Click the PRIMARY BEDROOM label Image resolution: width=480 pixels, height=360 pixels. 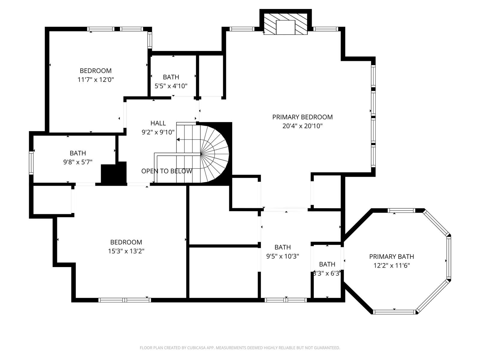302,117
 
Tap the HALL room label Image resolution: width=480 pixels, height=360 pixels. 158,123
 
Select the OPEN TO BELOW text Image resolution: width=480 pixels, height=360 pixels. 166,171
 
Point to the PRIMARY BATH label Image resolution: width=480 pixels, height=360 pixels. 391,256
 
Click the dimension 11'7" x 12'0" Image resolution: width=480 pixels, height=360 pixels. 96,79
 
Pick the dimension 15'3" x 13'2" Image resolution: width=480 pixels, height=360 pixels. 126,251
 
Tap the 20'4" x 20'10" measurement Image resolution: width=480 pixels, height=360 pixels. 302,126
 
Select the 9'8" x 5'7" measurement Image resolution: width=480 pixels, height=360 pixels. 78,162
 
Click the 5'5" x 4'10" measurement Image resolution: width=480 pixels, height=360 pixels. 171,86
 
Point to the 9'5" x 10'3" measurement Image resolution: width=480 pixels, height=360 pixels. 283,256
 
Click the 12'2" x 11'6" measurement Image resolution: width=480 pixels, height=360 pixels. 391,265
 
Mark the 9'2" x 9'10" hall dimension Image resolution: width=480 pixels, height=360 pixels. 158,132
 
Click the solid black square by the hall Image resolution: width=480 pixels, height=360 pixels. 114,173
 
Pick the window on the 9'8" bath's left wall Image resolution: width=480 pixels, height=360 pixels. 31,163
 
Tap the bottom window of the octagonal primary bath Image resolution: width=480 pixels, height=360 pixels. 394,312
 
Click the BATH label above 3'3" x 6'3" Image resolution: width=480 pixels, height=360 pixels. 327,265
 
